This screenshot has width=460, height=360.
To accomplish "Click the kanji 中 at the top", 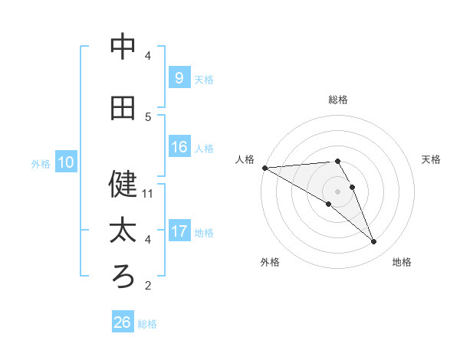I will pyautogui.click(x=123, y=47).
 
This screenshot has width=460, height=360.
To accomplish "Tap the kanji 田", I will pyautogui.click(x=123, y=108).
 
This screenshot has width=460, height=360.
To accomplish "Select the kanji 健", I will pyautogui.click(x=123, y=183).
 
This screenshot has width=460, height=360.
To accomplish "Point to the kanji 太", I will pyautogui.click(x=123, y=230).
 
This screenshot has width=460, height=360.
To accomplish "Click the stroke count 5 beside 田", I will pyautogui.click(x=148, y=117).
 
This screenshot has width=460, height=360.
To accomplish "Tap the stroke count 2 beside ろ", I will pyautogui.click(x=148, y=286).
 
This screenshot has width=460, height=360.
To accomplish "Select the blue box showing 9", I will pyautogui.click(x=179, y=78).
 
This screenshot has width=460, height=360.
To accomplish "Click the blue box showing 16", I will pyautogui.click(x=179, y=147).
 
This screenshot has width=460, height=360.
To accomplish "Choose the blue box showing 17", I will pyautogui.click(x=179, y=231).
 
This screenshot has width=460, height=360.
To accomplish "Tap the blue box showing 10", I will pyautogui.click(x=65, y=162).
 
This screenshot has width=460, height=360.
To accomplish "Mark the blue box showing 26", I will pyautogui.click(x=122, y=322).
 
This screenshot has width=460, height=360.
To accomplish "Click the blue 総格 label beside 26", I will pyautogui.click(x=147, y=324).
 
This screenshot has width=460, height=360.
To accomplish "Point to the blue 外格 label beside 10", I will pyautogui.click(x=41, y=163).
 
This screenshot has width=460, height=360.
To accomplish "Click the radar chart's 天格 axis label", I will pyautogui.click(x=432, y=159).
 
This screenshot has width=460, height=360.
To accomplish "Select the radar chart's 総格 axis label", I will pyautogui.click(x=338, y=100).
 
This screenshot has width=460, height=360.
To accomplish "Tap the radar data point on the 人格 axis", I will pyautogui.click(x=264, y=168).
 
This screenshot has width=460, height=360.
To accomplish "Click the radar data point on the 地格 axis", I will pyautogui.click(x=373, y=242).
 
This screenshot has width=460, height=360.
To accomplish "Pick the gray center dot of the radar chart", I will pyautogui.click(x=337, y=191).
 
